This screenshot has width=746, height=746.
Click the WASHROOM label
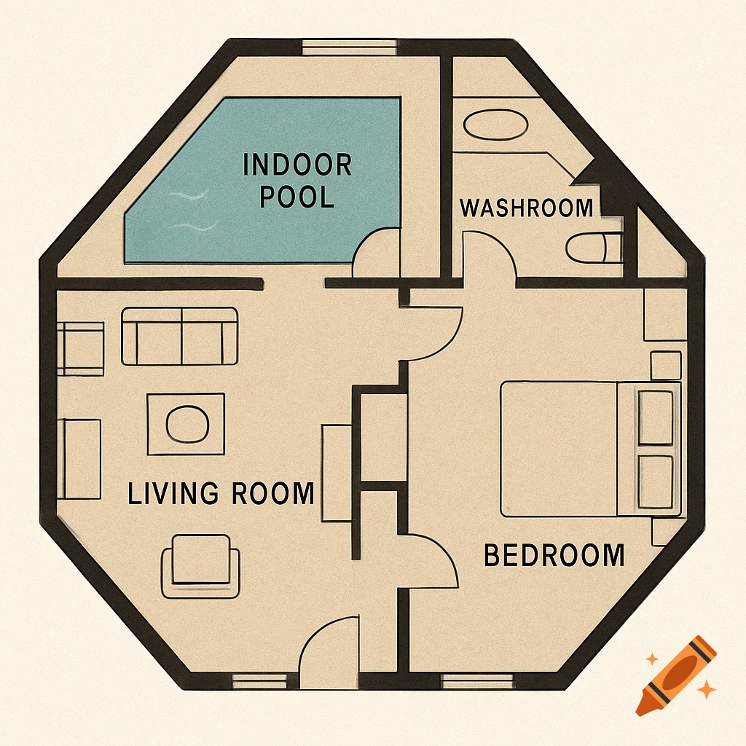[x=526, y=208]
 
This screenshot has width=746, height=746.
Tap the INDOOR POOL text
[x=297, y=180]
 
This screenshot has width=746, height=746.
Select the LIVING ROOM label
[x=221, y=494]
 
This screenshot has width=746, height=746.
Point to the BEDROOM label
[x=554, y=556]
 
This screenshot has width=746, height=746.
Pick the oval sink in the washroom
[x=495, y=125]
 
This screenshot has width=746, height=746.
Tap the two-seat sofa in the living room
[x=179, y=336]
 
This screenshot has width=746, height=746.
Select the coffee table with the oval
[x=186, y=423]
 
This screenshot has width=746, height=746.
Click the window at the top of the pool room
[x=349, y=47]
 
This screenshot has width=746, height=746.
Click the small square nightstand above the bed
[x=665, y=365]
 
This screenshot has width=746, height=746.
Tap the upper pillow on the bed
[x=654, y=417]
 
